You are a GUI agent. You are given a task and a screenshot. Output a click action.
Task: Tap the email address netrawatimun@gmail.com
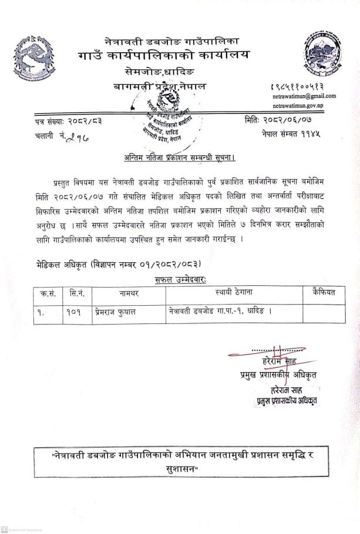pos(304,96)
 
